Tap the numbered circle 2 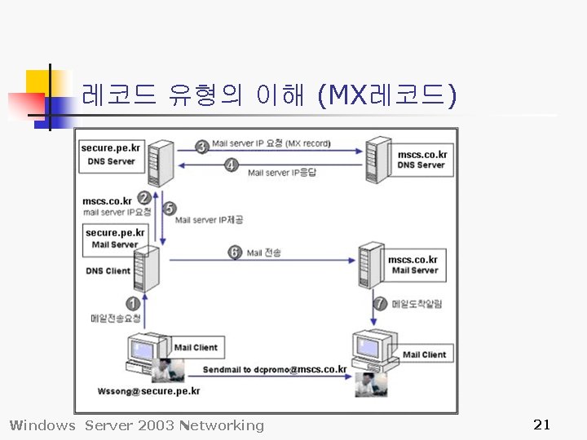[144, 197]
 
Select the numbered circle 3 [202, 147]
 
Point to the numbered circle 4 [232, 165]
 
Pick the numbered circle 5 [170, 208]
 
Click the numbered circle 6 [235, 253]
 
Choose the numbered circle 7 [380, 303]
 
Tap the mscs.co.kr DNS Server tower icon [378, 161]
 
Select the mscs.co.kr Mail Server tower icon [371, 264]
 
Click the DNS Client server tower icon [145, 269]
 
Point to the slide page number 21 [541, 424]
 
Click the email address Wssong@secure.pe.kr [148, 391]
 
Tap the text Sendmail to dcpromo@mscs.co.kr [275, 369]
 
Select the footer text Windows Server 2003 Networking [136, 425]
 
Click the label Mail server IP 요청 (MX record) [271, 144]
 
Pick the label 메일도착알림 [418, 304]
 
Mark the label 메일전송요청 [115, 318]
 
